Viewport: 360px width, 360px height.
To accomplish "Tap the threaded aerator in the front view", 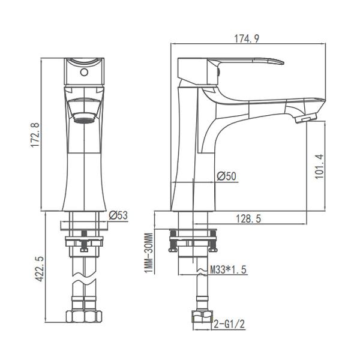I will click(x=83, y=111).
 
